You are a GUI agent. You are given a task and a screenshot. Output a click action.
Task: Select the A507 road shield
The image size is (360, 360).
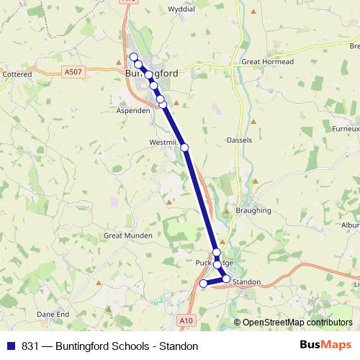coord(73,72)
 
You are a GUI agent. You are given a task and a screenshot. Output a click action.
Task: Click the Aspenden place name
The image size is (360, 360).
coord(133,111)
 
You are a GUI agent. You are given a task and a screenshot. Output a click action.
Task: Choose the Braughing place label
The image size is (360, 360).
coord(253,211)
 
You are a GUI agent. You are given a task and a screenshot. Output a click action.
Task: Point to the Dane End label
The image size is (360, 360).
coord(53,314)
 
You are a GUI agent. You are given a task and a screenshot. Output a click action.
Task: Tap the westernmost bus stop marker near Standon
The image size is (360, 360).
coord(203,284)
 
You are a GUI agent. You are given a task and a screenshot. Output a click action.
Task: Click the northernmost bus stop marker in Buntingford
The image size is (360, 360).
coord(133,57)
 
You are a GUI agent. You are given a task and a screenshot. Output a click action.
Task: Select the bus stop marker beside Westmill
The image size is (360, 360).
coord(185,147)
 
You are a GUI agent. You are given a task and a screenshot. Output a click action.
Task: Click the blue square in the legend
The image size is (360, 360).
coord(10,346)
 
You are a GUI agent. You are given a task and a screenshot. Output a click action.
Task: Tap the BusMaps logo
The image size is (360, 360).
coord(321,346)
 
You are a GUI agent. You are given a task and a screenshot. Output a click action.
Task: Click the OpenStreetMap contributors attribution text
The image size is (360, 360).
coord(292,323)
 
